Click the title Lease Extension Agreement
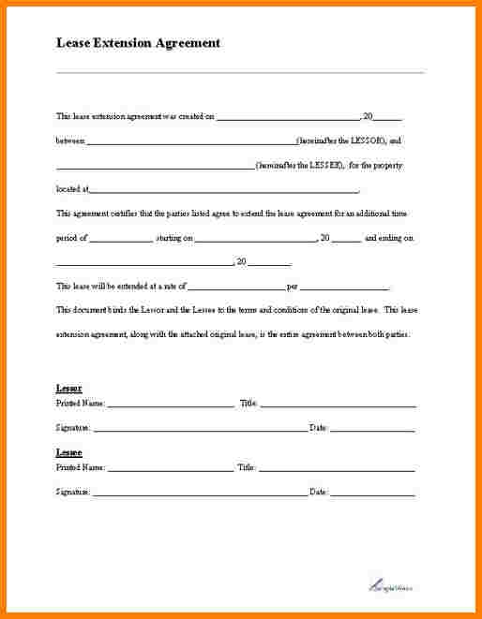(138, 43)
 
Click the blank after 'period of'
(121, 239)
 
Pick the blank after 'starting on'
(255, 239)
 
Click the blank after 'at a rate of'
(235, 287)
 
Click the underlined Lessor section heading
(68, 388)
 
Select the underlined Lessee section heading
(68, 452)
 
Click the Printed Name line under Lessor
(171, 405)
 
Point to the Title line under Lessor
(338, 405)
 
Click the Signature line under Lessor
(200, 430)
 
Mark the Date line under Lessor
(372, 430)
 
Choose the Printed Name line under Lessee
(170, 468)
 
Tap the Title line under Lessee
(337, 468)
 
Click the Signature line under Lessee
(200, 494)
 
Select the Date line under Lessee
(372, 494)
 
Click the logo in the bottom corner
(388, 582)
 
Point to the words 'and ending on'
(389, 239)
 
